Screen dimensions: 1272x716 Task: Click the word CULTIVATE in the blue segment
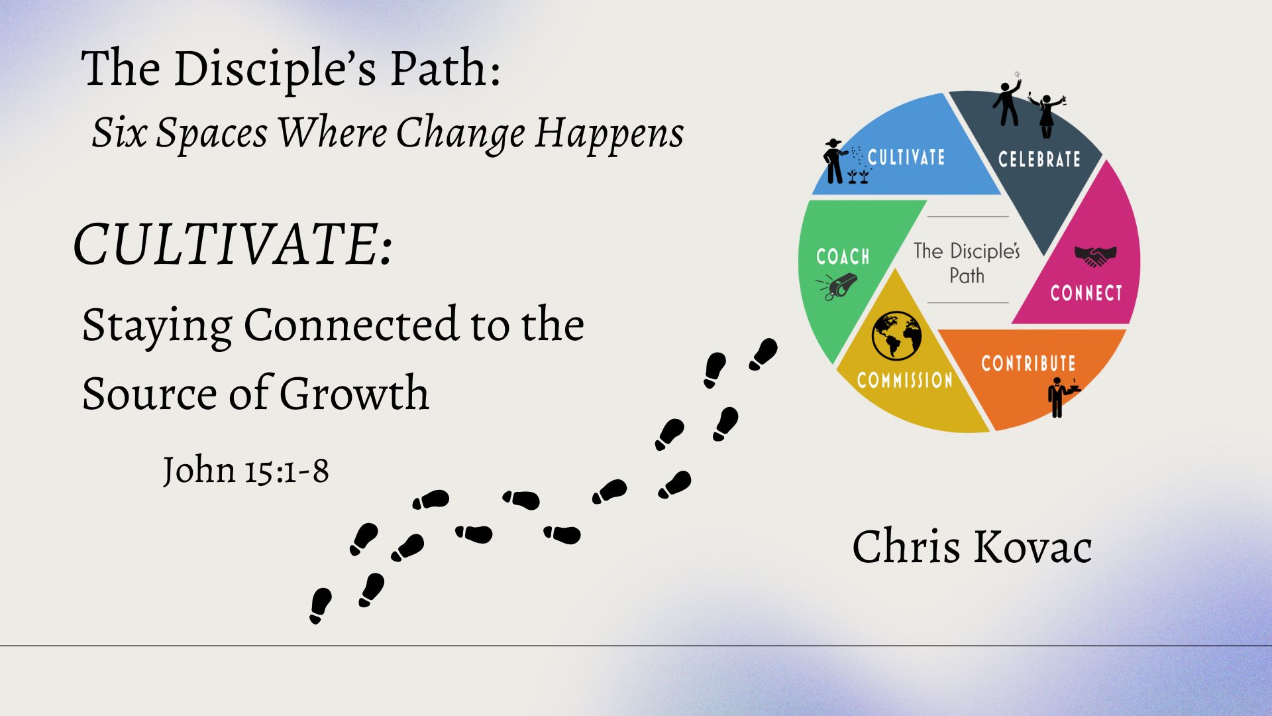click(x=906, y=157)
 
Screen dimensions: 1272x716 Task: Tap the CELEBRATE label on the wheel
click(x=1039, y=159)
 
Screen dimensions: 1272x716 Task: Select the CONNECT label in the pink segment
click(x=1086, y=293)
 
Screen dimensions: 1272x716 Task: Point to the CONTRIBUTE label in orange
click(x=1028, y=363)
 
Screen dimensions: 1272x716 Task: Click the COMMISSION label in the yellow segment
click(x=904, y=380)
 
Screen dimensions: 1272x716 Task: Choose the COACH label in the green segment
click(x=843, y=257)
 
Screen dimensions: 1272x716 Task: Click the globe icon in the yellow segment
click(x=896, y=335)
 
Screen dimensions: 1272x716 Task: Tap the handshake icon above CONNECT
click(x=1095, y=256)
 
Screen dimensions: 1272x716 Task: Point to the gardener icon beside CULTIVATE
click(x=844, y=161)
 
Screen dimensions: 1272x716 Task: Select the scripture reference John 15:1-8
click(x=246, y=470)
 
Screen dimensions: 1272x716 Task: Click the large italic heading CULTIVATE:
click(x=233, y=244)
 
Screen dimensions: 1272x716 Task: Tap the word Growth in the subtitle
click(x=354, y=393)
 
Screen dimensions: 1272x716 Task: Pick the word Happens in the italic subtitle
click(x=609, y=133)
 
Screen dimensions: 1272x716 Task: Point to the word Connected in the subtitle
click(x=351, y=325)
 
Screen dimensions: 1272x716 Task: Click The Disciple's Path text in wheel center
click(x=967, y=263)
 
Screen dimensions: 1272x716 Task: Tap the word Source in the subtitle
click(x=150, y=393)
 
